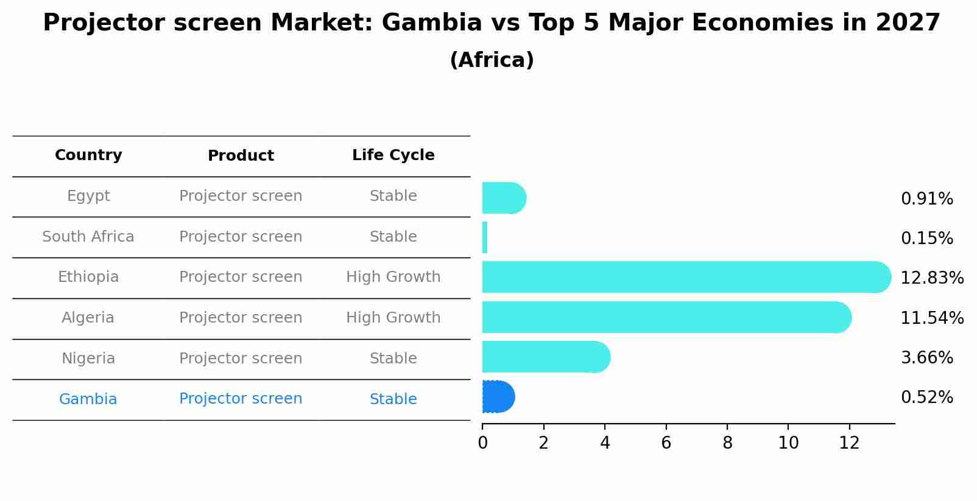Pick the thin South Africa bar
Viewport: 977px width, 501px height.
pos(485,237)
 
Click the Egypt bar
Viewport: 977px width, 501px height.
pos(503,198)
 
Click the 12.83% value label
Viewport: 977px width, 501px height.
pos(931,278)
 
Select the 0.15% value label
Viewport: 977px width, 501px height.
pos(926,239)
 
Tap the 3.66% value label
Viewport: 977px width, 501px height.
pos(926,358)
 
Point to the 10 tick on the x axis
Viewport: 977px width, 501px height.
pos(788,443)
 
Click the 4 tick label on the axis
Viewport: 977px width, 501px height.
pos(605,443)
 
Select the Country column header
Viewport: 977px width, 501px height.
pos(88,155)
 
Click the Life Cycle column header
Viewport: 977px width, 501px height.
pos(393,155)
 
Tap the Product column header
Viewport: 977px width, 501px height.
pos(241,156)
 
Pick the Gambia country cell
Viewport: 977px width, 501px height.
pos(88,399)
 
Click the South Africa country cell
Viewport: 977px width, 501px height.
pos(88,237)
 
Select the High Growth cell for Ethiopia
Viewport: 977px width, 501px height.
pos(393,277)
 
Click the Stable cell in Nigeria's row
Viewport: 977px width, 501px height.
pos(393,359)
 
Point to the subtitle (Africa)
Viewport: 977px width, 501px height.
pos(492,60)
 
